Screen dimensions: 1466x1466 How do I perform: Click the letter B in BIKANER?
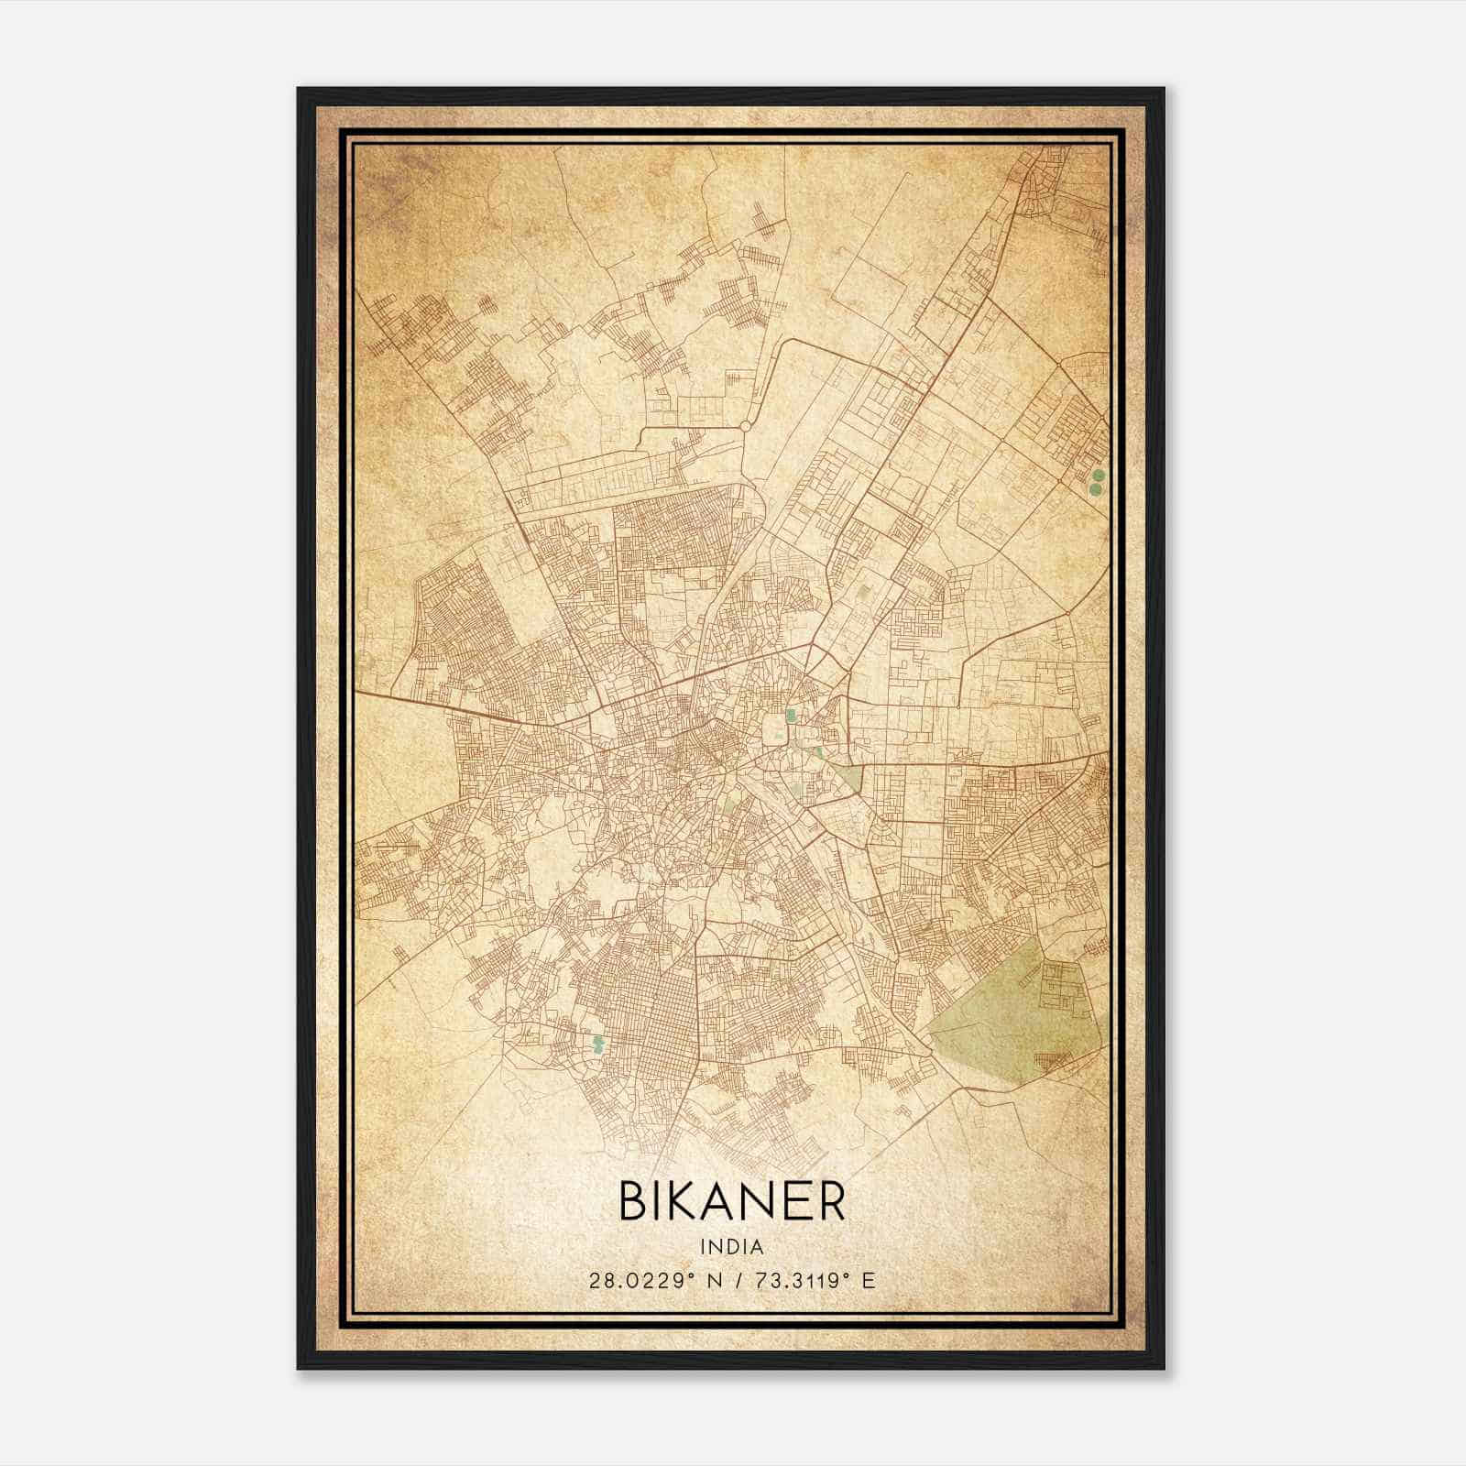(x=636, y=1201)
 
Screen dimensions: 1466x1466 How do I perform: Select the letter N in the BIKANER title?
(x=767, y=1201)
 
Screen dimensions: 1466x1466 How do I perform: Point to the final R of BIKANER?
(x=830, y=1201)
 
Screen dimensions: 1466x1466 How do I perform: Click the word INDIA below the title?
(x=732, y=1246)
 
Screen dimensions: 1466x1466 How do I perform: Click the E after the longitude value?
(x=869, y=1280)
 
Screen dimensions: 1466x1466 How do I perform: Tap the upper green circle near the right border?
(x=1097, y=475)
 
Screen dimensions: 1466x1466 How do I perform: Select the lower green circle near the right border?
(x=1095, y=490)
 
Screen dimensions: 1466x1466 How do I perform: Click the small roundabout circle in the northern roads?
(x=745, y=426)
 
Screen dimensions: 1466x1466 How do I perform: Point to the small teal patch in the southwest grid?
(x=598, y=1044)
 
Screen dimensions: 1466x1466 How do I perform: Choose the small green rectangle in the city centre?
(x=790, y=716)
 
